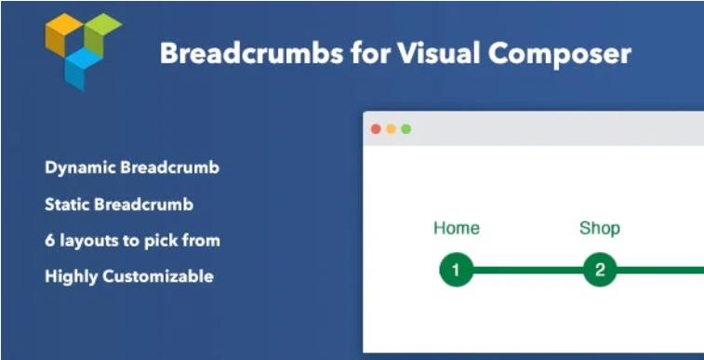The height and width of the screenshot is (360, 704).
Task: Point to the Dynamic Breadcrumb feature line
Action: (131, 168)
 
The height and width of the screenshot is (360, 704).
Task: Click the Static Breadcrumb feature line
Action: (118, 204)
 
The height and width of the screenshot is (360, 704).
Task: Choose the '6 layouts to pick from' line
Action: (131, 240)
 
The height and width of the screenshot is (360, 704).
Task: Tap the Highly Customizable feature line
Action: (128, 276)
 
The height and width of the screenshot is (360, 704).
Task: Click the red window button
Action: (376, 129)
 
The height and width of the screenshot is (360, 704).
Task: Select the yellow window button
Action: (391, 129)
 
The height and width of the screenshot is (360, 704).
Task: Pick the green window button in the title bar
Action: (405, 129)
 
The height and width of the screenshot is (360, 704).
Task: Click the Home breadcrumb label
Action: (457, 228)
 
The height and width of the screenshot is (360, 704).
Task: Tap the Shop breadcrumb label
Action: (600, 228)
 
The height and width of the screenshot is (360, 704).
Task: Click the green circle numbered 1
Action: (456, 271)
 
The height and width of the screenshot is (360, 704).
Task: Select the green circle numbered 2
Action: (600, 271)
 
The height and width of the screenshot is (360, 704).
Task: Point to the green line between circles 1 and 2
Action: (527, 271)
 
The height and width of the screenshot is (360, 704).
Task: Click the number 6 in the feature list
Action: (49, 240)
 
